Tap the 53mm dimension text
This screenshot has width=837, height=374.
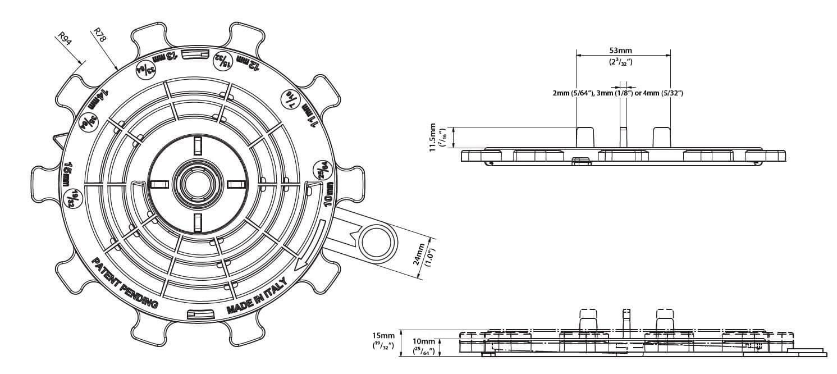624,51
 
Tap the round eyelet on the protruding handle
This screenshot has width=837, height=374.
374,241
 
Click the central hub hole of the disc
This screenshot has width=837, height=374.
196,184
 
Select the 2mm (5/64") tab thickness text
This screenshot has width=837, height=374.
573,93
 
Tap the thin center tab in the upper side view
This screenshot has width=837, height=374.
623,137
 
